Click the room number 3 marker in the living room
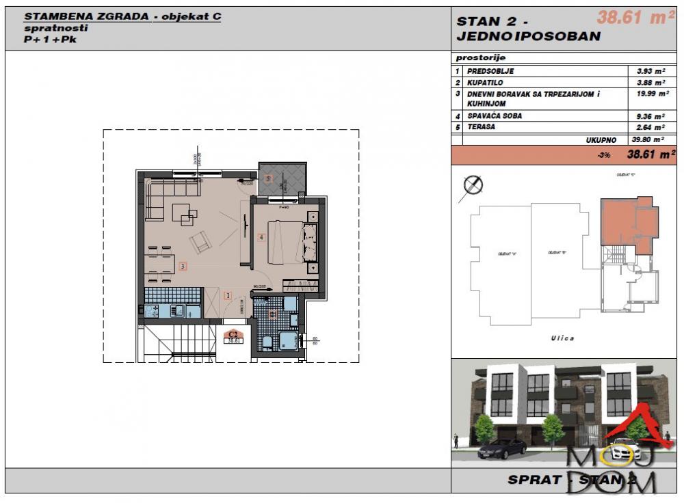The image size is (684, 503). (182, 267)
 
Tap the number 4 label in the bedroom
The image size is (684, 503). (261, 237)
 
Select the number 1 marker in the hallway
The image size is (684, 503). (228, 296)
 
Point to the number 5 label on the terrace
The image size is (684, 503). (268, 179)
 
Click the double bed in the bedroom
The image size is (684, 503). (285, 242)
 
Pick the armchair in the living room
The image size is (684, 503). (200, 242)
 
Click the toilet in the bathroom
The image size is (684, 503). (267, 341)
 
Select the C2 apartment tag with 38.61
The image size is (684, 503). (235, 336)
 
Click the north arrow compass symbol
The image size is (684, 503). (473, 185)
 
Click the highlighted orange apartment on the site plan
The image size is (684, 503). (620, 222)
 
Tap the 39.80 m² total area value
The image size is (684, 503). (644, 139)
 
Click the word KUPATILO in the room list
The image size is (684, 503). (485, 82)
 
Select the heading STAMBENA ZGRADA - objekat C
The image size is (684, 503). (122, 16)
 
